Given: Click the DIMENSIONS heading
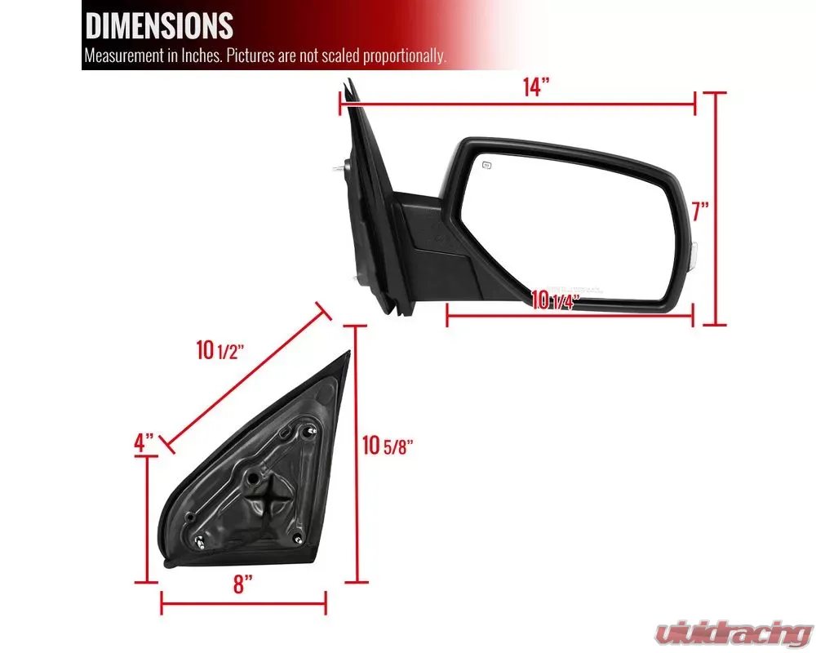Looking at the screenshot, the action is point(159,25).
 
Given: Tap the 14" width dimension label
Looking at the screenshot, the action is point(536,87).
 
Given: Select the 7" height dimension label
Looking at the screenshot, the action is point(700,211).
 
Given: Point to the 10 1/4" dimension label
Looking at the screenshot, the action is point(555,300).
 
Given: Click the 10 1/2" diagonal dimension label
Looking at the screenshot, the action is point(220,350).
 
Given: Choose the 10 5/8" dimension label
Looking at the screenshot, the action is point(388,445).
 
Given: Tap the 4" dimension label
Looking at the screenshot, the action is point(144,442).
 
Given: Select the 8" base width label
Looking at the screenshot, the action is point(242,584).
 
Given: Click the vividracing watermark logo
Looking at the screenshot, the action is point(734,633).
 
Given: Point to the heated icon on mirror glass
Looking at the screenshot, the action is point(486,166).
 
